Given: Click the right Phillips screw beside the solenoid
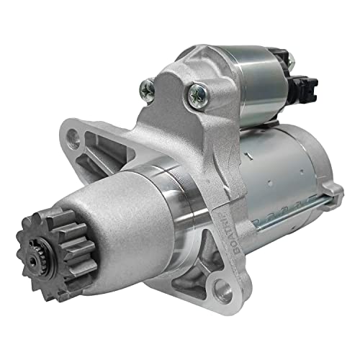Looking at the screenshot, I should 196,92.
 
